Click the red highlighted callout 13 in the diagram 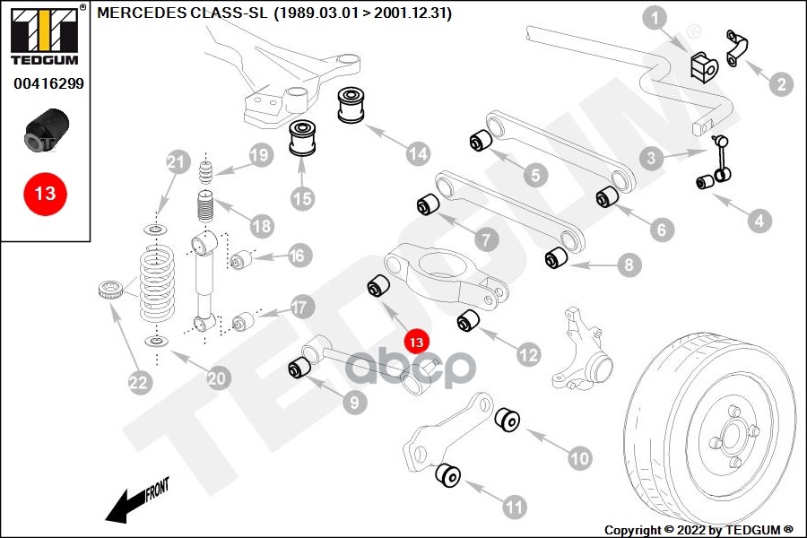point(416,342)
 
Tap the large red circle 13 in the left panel point(45,193)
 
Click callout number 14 point(418,153)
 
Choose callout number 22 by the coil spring point(137,383)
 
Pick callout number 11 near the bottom point(513,508)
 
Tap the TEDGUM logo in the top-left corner point(44,36)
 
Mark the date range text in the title point(362,13)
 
